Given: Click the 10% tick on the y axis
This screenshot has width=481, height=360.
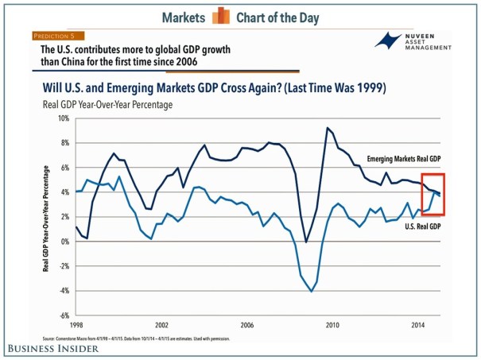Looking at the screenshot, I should click(61, 118).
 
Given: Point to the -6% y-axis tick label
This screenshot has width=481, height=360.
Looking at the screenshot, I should click(62, 315).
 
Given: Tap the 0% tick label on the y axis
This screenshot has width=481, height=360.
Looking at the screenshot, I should click(64, 242).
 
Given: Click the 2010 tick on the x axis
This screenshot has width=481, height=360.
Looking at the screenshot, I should click(332, 326).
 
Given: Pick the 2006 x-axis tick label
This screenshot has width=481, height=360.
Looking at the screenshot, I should click(246, 326).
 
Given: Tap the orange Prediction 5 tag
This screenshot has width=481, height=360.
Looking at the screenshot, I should click(59, 36).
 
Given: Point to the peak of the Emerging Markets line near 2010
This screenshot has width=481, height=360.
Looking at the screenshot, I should click(327, 127).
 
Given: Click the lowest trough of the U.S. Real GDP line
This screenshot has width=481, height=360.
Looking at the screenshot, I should click(311, 292).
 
